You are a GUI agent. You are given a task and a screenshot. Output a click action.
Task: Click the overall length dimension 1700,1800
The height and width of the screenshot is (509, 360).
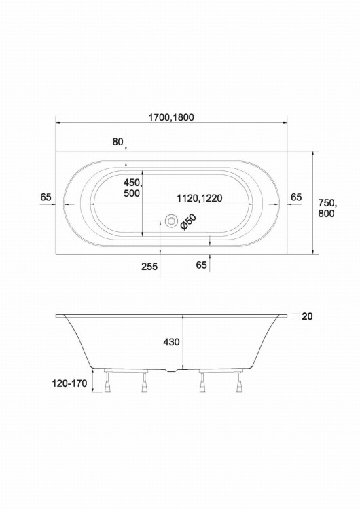click(x=171, y=117)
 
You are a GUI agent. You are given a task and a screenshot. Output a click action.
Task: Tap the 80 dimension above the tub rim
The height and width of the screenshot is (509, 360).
click(x=118, y=142)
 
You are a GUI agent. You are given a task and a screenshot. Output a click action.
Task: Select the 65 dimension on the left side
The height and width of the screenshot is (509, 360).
click(x=46, y=197)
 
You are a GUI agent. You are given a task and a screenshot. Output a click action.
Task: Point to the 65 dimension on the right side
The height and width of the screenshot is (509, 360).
click(x=296, y=197)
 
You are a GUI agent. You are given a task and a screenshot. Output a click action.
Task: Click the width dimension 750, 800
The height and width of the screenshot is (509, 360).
click(x=327, y=208)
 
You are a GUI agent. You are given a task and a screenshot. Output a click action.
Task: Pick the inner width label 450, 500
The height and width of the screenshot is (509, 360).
click(x=132, y=187)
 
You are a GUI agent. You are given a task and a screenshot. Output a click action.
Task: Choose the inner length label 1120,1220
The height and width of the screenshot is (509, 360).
click(x=200, y=198)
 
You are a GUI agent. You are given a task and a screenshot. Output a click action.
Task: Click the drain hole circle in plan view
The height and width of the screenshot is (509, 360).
click(x=171, y=221)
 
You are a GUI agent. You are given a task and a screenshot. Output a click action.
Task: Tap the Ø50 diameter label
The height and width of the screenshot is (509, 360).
click(x=188, y=222)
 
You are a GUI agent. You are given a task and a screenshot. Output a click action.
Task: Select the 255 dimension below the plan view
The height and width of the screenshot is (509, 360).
click(x=149, y=267)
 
